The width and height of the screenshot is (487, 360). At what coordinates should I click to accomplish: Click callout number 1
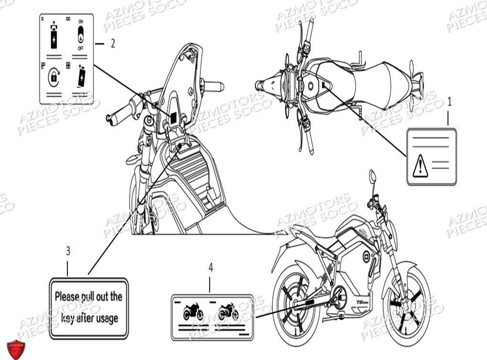[x=449, y=101]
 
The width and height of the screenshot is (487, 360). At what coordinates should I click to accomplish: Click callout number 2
[x=113, y=43]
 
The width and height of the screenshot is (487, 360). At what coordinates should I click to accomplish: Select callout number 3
[x=68, y=251]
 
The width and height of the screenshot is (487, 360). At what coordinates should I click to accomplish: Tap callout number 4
[x=210, y=268]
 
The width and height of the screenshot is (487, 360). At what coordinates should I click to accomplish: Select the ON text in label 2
[x=80, y=22]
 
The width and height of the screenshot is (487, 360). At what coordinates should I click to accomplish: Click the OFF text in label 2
[x=80, y=49]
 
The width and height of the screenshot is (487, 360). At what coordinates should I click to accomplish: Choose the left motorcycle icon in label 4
[x=193, y=312]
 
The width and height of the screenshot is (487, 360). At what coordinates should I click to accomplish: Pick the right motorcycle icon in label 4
[x=228, y=312]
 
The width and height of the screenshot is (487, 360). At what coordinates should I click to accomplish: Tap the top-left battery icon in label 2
[x=54, y=36]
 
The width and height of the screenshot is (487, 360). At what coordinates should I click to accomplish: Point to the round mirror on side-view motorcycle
[x=372, y=177]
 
